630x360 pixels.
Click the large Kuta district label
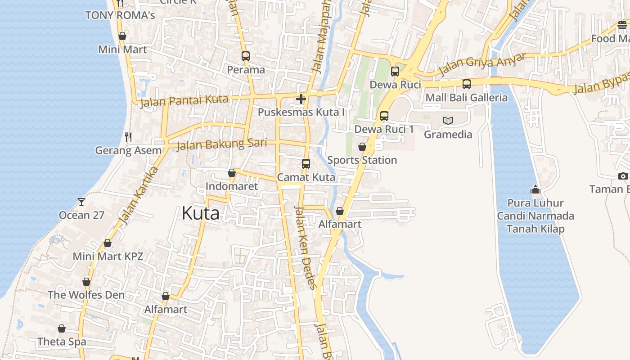(x=201, y=213)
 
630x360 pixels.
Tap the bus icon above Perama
(x=245, y=56)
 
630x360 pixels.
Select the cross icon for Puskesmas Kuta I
(x=301, y=99)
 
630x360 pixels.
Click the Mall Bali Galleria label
(x=466, y=98)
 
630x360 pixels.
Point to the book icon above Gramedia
(x=448, y=121)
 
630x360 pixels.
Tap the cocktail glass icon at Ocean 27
(x=81, y=202)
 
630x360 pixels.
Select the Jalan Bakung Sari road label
(x=221, y=144)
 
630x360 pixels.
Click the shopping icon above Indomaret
(x=232, y=173)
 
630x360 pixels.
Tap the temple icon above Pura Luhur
(x=535, y=189)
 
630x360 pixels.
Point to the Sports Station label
(x=362, y=160)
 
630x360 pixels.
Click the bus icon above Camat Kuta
(x=306, y=164)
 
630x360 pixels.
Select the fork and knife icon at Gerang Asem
(x=128, y=137)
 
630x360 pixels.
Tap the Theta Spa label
(x=62, y=342)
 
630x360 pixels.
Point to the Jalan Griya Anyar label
(x=482, y=64)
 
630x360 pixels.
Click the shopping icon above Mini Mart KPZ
(x=108, y=243)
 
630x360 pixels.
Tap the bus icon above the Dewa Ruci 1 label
(x=384, y=116)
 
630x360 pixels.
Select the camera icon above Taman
(x=623, y=176)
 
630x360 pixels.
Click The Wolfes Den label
(x=86, y=295)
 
